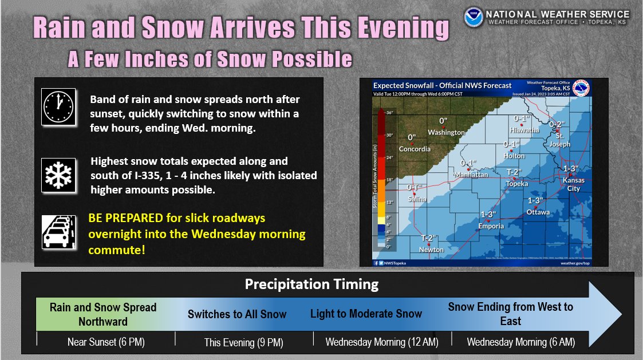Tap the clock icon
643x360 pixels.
58,107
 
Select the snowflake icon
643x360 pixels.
58,175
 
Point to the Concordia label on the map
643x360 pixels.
415,149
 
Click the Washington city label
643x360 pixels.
446,133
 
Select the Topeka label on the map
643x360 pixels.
517,184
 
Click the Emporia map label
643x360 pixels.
491,226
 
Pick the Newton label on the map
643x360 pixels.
431,250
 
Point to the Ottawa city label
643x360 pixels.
538,212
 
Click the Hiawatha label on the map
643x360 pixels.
524,130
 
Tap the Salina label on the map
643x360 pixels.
417,199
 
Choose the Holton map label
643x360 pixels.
514,156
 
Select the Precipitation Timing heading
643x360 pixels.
311,284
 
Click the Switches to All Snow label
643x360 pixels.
237,314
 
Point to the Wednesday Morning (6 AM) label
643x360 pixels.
520,342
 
